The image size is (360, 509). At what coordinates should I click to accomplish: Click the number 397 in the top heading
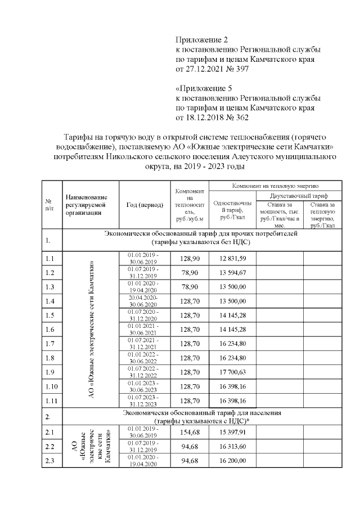[x=240, y=69]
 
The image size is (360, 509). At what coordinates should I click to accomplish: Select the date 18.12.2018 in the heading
[x=202, y=118]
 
